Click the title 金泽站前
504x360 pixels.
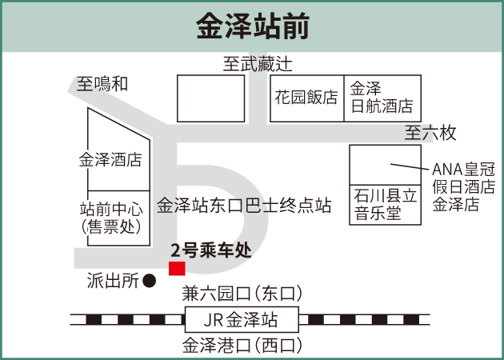pyautogui.click(x=253, y=26)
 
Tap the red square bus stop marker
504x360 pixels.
pyautogui.click(x=177, y=268)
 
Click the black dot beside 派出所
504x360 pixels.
pyautogui.click(x=149, y=281)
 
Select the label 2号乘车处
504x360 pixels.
pyautogui.click(x=211, y=250)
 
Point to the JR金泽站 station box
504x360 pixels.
pyautogui.click(x=242, y=319)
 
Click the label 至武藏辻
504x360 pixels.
pyautogui.click(x=258, y=64)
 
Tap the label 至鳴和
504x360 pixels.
pyautogui.click(x=102, y=84)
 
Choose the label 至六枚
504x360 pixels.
pyautogui.click(x=430, y=132)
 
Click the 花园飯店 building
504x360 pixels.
pyautogui.click(x=307, y=98)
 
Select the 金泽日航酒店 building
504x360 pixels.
pyautogui.click(x=382, y=98)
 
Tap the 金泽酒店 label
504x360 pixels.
pyautogui.click(x=110, y=160)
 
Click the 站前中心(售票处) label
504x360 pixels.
pyautogui.click(x=111, y=218)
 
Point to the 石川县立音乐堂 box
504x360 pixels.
pyautogui.click(x=386, y=205)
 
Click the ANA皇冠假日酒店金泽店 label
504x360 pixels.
pyautogui.click(x=463, y=186)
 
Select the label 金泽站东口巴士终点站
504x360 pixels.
pyautogui.click(x=244, y=206)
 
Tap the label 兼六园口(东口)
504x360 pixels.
pyautogui.click(x=242, y=293)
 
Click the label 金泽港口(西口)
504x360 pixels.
pyautogui.click(x=242, y=346)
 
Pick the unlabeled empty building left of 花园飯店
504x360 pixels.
pyautogui.click(x=211, y=98)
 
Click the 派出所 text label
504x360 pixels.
pyautogui.click(x=113, y=281)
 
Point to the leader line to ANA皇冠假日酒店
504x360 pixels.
pyautogui.click(x=410, y=166)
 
